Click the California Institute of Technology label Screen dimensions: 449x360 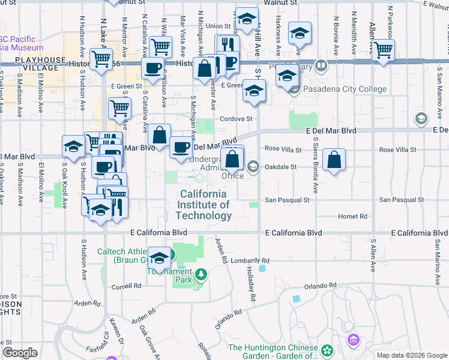(x=204, y=205)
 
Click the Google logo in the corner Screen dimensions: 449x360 (x=20, y=353)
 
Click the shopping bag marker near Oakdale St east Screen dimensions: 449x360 (x=334, y=160)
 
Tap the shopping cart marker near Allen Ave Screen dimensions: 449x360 (x=382, y=50)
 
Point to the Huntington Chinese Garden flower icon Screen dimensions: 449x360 (x=327, y=349)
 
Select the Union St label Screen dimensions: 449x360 (x=218, y=26)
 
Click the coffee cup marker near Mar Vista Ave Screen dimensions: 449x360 (x=152, y=67)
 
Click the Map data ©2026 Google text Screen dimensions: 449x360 (x=412, y=355)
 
